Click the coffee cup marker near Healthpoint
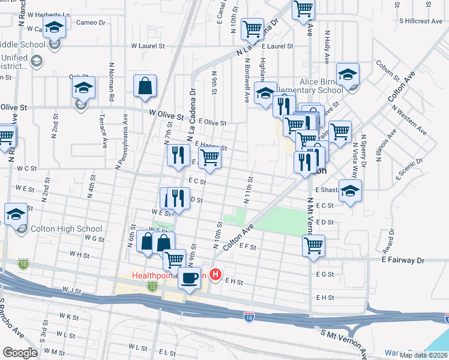point(189,278)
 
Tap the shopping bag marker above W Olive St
point(145,86)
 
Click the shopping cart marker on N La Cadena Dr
point(253,29)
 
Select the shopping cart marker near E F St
point(313,245)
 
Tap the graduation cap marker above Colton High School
point(16,214)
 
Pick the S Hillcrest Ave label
point(421,21)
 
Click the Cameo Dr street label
point(91,23)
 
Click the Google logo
point(20,353)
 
